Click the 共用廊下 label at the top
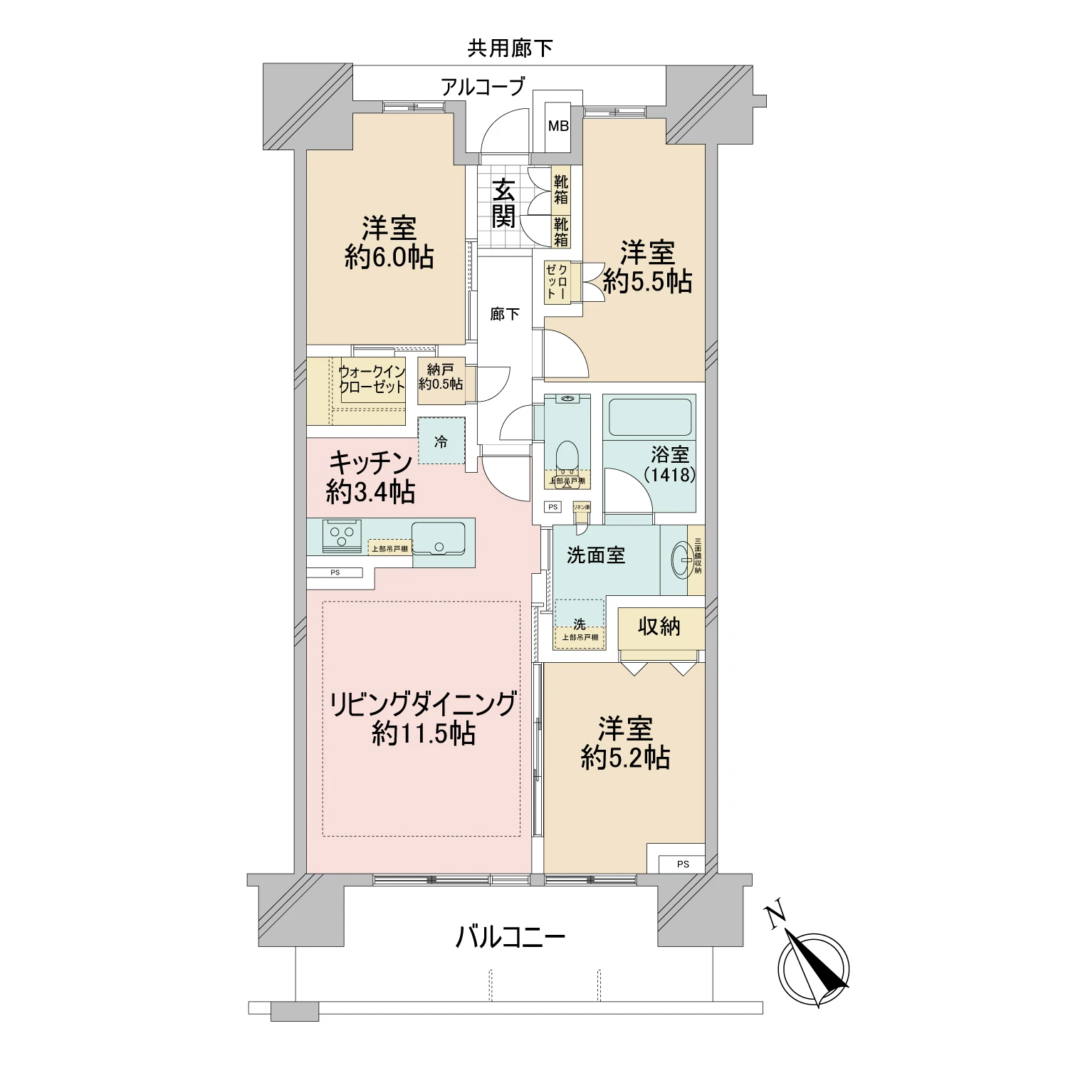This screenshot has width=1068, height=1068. [x=510, y=48]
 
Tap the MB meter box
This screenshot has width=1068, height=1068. [x=558, y=126]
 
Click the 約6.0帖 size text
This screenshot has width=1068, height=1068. [x=389, y=258]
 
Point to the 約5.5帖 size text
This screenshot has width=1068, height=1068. [x=647, y=282]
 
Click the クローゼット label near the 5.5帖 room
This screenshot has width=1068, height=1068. [x=557, y=281]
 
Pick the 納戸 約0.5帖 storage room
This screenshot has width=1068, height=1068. [x=441, y=377]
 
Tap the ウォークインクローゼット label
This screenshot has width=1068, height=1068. [x=372, y=379]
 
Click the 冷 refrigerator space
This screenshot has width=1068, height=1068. [x=441, y=441]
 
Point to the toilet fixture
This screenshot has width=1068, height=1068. [x=567, y=456]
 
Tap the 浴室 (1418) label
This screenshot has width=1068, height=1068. [x=669, y=464]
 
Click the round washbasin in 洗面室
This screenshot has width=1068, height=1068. [x=681, y=560]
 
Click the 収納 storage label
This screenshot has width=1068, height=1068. [x=659, y=627]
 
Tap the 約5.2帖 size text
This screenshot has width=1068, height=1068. [x=625, y=759]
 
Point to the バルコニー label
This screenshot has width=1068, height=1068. [x=510, y=937]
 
